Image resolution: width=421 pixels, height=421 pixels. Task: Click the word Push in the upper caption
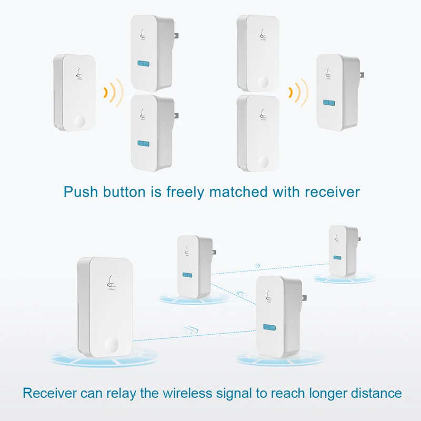(x=81, y=192)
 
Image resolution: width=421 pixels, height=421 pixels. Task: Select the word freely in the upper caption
(x=185, y=193)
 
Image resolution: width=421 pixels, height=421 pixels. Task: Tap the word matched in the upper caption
(x=238, y=192)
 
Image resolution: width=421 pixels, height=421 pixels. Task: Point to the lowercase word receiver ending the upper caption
(x=332, y=193)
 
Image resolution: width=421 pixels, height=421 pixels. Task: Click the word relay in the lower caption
(x=122, y=394)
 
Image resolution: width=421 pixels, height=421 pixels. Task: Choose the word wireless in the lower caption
(x=187, y=393)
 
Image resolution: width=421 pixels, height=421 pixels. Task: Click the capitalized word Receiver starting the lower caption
(x=49, y=393)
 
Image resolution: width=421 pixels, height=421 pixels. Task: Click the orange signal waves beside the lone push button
(x=114, y=93)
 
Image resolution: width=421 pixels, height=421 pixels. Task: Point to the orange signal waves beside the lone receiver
(x=298, y=93)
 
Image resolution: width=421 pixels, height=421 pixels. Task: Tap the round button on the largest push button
(x=112, y=344)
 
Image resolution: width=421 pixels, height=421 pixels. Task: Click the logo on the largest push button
(x=111, y=283)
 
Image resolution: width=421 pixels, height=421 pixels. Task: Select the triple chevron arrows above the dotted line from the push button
(x=188, y=330)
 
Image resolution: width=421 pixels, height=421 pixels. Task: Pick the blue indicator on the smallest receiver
(x=337, y=258)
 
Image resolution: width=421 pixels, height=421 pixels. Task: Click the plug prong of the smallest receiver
(x=359, y=239)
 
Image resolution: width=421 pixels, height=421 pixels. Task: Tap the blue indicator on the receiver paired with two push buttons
(x=329, y=103)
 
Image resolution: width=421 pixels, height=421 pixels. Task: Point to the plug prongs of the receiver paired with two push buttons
(x=362, y=75)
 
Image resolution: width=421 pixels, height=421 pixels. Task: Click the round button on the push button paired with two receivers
(x=80, y=122)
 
